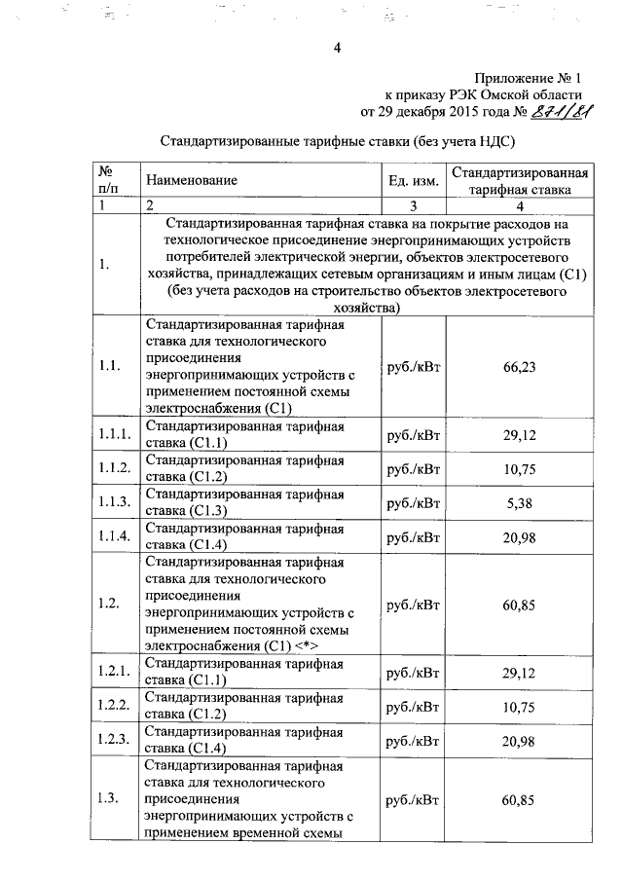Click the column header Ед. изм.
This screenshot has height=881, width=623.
(413, 180)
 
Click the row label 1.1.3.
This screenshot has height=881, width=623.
(114, 502)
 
